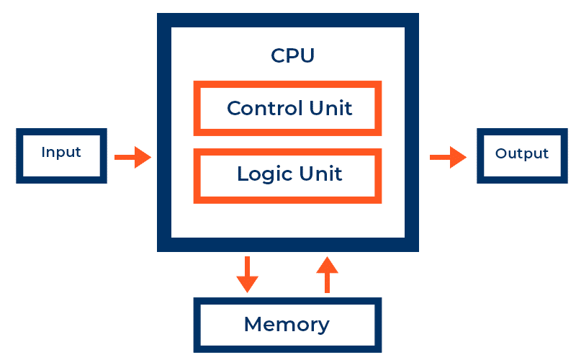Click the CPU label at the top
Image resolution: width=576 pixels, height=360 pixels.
point(293,56)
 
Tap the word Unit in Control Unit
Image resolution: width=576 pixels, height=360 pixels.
point(330,108)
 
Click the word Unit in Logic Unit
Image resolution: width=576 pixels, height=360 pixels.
point(320,174)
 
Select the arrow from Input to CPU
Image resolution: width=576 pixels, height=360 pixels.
point(132,157)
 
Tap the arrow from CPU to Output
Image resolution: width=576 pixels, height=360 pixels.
point(448,157)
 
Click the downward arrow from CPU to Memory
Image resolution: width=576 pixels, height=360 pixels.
point(247,274)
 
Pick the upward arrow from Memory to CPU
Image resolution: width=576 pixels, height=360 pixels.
point(327,274)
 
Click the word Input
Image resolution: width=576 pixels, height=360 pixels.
point(61,153)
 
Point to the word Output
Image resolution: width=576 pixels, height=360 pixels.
point(521,153)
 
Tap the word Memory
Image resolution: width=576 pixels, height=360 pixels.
point(287,325)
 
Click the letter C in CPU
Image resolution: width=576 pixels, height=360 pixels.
point(278,56)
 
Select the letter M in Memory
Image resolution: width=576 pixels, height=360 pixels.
point(253,324)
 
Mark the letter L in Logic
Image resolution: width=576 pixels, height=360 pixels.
point(243,174)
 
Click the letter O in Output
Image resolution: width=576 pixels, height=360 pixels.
point(501,153)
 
